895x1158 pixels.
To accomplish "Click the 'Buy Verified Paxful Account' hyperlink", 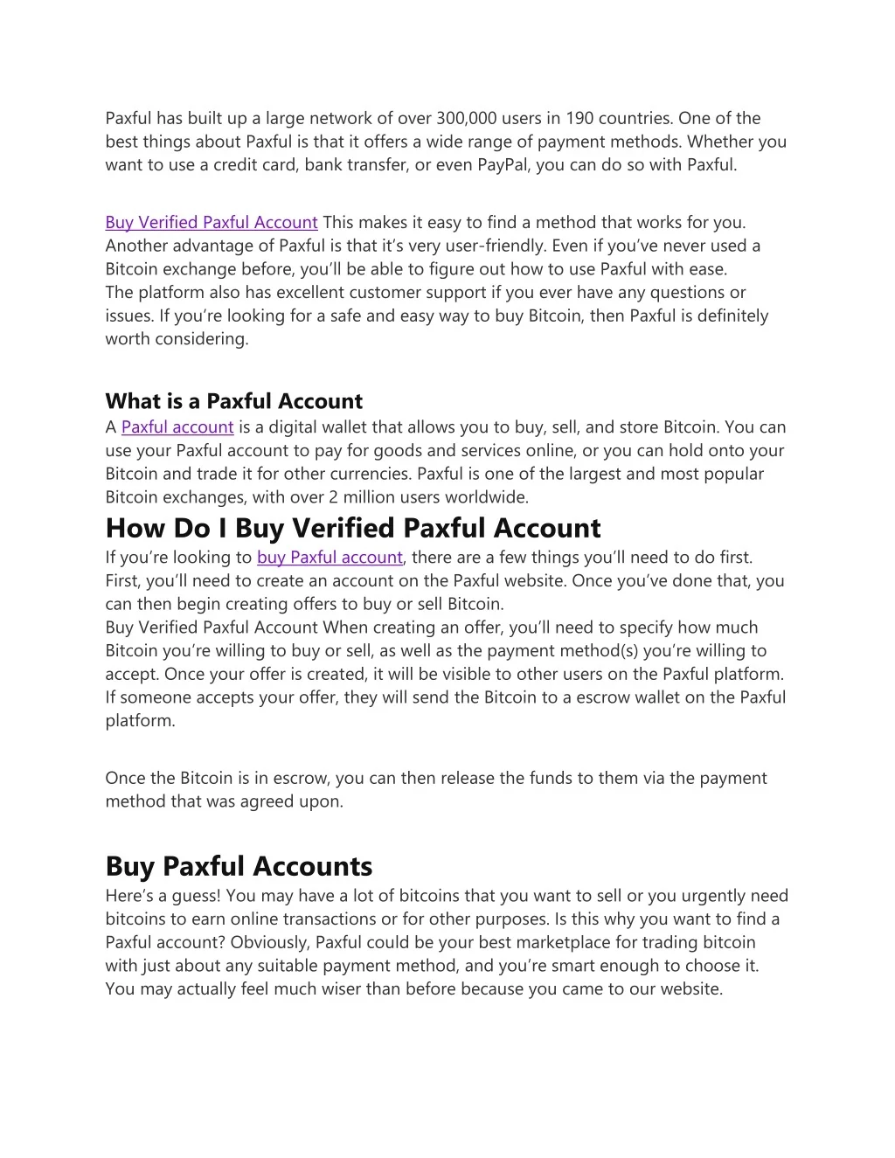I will click(211, 223).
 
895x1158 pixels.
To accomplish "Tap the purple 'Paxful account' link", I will click(177, 427).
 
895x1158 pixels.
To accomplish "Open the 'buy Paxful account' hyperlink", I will click(330, 558).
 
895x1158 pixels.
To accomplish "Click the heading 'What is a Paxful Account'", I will click(233, 401).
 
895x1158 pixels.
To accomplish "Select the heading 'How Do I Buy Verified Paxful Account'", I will click(353, 528).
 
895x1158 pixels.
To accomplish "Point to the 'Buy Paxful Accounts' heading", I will click(239, 866).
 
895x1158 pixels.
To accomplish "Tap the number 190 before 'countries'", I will click(579, 119).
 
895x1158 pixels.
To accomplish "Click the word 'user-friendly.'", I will click(498, 246).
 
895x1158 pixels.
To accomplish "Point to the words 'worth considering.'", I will click(177, 339).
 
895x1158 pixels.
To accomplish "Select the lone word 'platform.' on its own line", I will click(141, 721).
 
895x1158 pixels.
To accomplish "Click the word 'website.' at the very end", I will click(690, 989).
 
